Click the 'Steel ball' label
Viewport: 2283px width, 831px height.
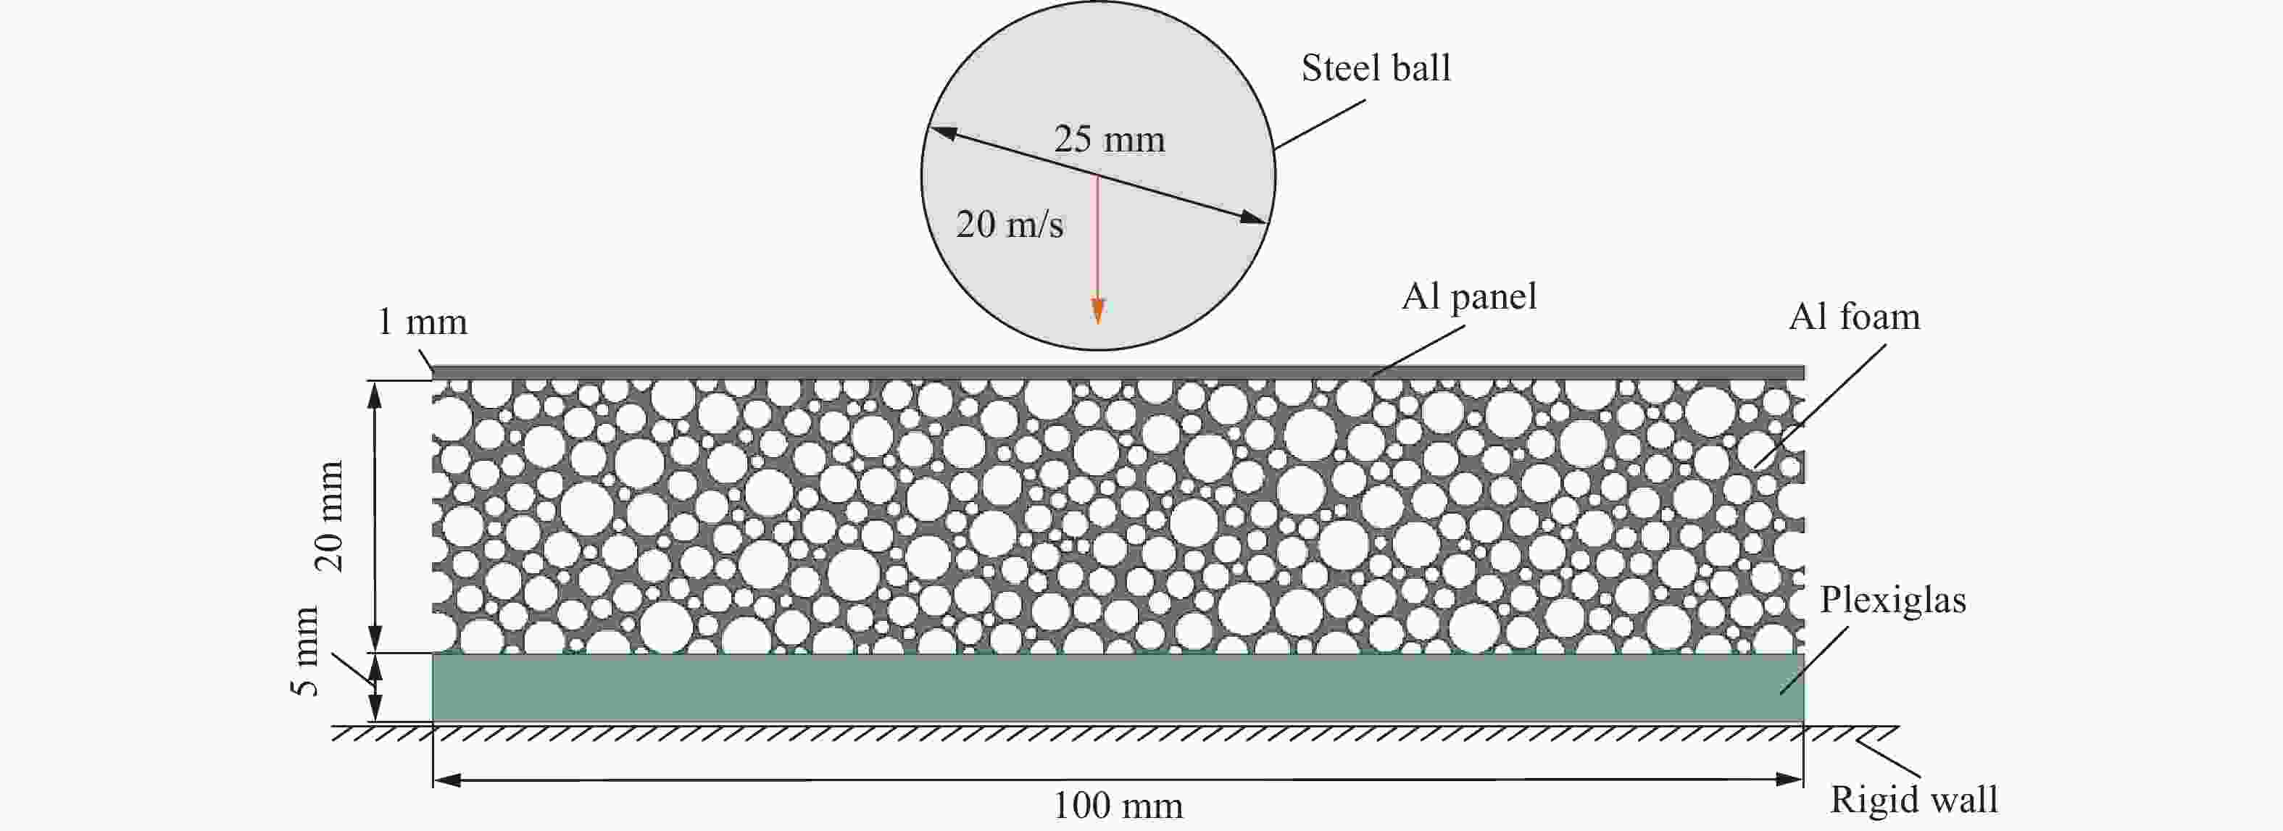[1376, 68]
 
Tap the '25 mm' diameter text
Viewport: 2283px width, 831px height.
[1109, 140]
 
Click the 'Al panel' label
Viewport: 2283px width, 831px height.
[1468, 297]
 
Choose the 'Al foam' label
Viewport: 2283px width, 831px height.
[1854, 317]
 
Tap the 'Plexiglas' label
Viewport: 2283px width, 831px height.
[1893, 601]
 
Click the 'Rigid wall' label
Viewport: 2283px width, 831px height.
[1914, 799]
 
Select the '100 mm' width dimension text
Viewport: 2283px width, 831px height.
[1118, 806]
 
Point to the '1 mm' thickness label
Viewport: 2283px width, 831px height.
[422, 322]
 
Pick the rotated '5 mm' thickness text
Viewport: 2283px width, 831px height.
[304, 651]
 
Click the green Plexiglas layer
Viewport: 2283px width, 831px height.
[1118, 688]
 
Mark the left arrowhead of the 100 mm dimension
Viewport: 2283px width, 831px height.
[448, 780]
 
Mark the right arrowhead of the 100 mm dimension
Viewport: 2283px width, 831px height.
[1789, 780]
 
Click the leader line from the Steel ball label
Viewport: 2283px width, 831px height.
[1320, 124]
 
